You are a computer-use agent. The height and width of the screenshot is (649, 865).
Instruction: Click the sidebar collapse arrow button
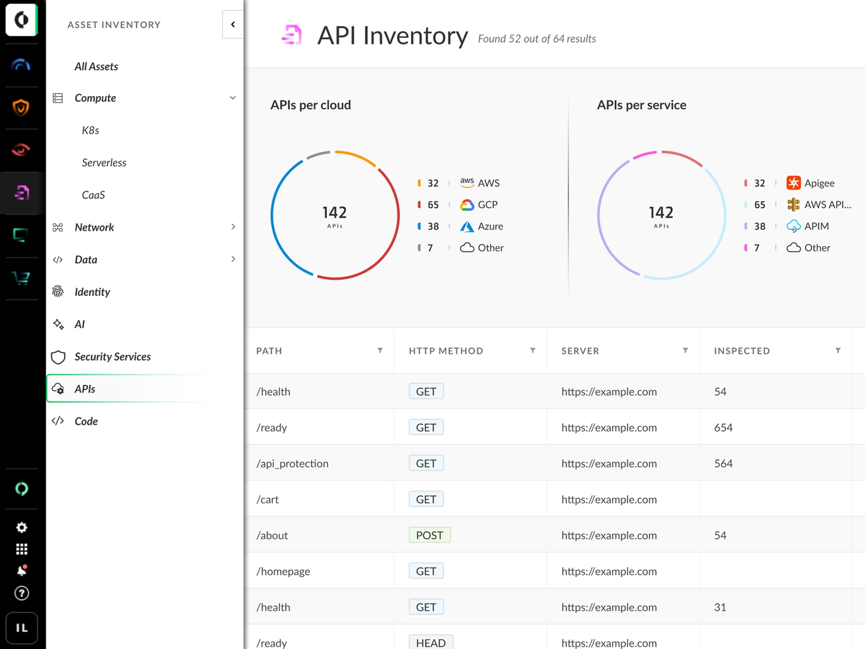click(233, 24)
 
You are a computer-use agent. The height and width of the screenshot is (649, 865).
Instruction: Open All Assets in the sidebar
click(96, 66)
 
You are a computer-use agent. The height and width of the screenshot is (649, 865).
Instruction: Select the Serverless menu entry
click(104, 162)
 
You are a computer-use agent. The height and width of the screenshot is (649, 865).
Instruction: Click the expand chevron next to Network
click(233, 227)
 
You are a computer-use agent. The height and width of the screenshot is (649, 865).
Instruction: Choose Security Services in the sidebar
click(112, 357)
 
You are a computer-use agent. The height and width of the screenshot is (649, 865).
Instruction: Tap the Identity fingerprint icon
click(58, 291)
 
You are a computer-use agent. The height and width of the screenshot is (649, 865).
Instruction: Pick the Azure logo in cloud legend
click(467, 226)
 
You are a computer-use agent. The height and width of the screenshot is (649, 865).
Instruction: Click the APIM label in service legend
click(816, 226)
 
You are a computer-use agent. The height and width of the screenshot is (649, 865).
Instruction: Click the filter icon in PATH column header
click(380, 350)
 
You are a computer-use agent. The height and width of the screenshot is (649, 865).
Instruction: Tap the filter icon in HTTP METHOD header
click(533, 350)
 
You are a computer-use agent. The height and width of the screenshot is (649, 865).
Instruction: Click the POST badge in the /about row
click(429, 535)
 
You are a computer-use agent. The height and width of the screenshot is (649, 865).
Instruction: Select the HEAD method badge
click(430, 643)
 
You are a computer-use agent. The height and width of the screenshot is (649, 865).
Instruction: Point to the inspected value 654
click(723, 427)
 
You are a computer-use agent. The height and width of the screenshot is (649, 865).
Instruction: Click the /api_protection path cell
click(292, 463)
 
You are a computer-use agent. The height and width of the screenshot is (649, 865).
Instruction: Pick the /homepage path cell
click(283, 571)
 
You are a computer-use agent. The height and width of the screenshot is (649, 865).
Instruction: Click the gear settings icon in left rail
click(22, 527)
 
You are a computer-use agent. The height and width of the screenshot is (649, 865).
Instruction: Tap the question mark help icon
click(22, 593)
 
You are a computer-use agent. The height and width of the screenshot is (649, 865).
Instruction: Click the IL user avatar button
click(22, 628)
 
